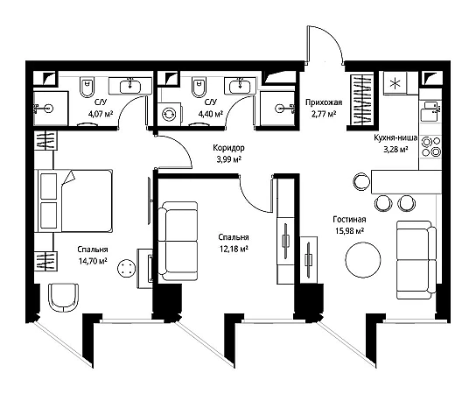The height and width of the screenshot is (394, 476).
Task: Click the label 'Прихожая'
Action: (324, 102)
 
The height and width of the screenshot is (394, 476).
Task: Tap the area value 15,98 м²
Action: (349, 231)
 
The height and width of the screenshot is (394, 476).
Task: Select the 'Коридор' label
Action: (228, 148)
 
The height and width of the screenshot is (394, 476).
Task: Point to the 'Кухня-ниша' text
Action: (395, 138)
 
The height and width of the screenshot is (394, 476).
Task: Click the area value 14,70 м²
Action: (93, 261)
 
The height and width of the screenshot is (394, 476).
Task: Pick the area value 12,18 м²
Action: (234, 250)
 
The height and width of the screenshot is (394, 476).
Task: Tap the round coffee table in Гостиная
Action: (363, 260)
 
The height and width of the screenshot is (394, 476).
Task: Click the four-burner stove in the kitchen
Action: (430, 146)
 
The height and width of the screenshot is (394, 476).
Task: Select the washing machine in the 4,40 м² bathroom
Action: (169, 114)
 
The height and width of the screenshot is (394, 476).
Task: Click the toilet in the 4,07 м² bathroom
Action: (87, 87)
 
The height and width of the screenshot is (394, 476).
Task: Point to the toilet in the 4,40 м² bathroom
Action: (199, 87)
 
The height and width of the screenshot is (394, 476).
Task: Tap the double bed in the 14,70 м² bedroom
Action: (73, 201)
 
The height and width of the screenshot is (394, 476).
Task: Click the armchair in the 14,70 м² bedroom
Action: (64, 298)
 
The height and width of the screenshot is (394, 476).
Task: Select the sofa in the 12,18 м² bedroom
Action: (178, 241)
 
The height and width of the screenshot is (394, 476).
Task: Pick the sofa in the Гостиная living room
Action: (416, 260)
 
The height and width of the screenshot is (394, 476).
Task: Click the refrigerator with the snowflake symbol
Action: (395, 83)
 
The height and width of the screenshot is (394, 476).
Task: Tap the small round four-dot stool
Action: (126, 268)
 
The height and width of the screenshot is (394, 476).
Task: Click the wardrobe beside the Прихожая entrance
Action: (361, 100)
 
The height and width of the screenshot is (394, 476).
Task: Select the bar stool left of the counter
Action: (362, 181)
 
